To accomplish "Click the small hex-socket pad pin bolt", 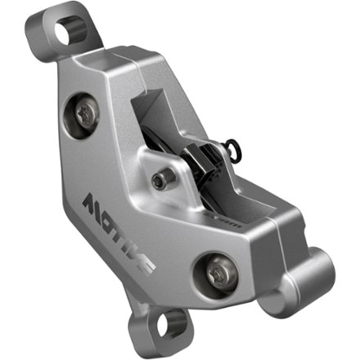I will click(168, 175).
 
